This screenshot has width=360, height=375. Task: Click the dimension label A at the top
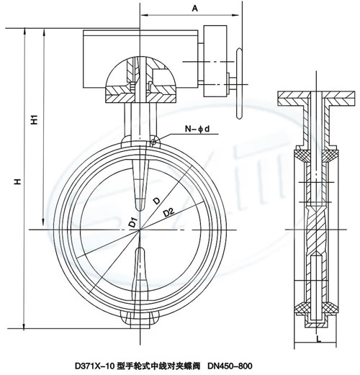(x=195, y=9)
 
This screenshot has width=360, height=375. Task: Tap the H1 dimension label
(x=35, y=119)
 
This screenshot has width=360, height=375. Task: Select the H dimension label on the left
(x=17, y=181)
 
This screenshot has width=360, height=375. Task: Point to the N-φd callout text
(x=197, y=129)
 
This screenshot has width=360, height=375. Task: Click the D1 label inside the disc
(x=132, y=222)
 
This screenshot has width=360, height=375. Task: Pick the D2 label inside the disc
(x=168, y=212)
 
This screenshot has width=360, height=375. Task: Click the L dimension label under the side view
(x=318, y=339)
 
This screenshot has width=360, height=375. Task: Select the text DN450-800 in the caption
(x=230, y=366)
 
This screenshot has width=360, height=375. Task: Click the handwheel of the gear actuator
(x=239, y=83)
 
